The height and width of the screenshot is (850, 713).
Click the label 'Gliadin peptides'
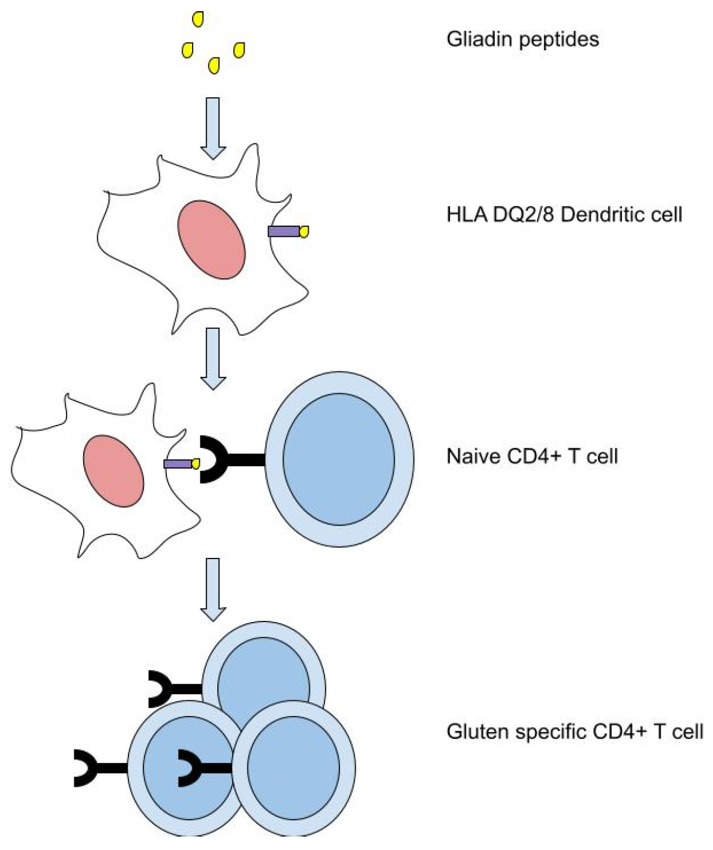[x=522, y=39]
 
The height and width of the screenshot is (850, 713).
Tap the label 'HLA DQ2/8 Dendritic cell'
[x=564, y=214]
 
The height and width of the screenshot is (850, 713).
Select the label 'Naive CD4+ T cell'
[x=532, y=456]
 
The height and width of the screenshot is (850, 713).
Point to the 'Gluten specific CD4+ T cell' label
[x=575, y=731]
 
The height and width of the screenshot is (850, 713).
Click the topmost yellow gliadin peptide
[x=198, y=20]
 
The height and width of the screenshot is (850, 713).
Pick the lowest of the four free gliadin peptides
[x=213, y=66]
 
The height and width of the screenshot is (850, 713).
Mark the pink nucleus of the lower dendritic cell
[x=113, y=472]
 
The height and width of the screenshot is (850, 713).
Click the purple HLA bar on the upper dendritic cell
[x=284, y=231]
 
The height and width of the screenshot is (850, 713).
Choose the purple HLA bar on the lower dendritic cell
[x=178, y=464]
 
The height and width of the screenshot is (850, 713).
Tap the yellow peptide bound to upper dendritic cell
[x=304, y=231]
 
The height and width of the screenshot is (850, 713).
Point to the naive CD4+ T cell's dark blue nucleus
[x=338, y=459]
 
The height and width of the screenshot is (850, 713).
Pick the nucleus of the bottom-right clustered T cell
[x=293, y=768]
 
